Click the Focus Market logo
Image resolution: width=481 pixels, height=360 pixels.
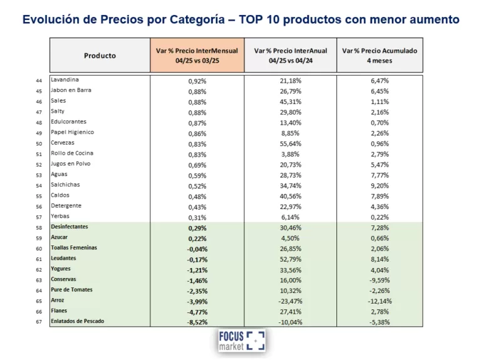pos(241,340)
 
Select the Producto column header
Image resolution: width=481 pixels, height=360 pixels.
pos(100,56)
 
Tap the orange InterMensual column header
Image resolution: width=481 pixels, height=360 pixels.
pos(197,55)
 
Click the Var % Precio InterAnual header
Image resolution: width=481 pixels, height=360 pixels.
pos(290,55)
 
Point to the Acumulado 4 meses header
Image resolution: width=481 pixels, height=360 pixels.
pos(380,55)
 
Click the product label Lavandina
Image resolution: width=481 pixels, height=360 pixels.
pos(65,80)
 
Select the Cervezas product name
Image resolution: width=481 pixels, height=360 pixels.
pos(63,143)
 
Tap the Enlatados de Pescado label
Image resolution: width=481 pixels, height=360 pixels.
pos(78,321)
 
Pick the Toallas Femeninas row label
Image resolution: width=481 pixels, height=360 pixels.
pos(74,248)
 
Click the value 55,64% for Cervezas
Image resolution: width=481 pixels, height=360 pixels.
pos(290,143)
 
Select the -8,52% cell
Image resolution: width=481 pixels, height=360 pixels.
pos(197,322)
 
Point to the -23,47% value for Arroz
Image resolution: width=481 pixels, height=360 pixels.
pos(290,301)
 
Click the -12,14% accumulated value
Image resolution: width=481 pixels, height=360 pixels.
pos(380,301)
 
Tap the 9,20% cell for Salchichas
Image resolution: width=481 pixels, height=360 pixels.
pos(380,185)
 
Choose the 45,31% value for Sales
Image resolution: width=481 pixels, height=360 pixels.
pos(290,101)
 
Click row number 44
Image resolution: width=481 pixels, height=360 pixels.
pos(39,80)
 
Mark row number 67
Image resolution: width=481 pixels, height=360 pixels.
pos(39,322)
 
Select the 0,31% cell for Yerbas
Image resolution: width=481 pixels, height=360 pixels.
pos(197,217)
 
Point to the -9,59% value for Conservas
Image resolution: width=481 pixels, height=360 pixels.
pos(380,280)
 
